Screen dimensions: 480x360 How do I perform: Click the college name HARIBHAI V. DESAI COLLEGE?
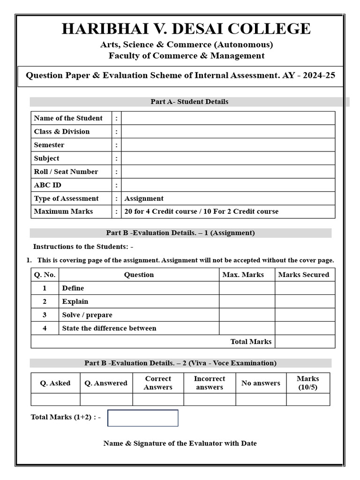point(186,29)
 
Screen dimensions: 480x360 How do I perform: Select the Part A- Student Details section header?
point(189,102)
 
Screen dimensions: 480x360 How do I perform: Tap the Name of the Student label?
point(68,118)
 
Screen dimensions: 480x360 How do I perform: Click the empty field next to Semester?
point(228,145)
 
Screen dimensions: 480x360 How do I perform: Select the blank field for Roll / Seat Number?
point(228,172)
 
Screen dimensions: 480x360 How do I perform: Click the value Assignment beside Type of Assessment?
point(144,198)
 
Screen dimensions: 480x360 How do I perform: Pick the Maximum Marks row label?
point(63,211)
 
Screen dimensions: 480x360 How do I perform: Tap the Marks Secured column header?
point(304,275)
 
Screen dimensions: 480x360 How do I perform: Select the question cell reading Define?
point(73,288)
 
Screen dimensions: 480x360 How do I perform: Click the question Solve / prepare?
point(87,315)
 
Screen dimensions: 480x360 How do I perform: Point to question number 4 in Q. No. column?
point(45,328)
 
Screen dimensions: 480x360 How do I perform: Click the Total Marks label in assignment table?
point(251,342)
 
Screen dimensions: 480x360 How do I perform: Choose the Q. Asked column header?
point(55,383)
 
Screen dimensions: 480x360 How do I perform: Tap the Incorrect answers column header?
point(210,383)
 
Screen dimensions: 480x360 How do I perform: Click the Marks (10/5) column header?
point(307,383)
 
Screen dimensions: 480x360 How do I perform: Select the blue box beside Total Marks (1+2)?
point(143,418)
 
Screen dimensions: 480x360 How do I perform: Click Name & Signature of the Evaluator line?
point(180,443)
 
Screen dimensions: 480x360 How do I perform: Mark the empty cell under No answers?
point(261,399)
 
